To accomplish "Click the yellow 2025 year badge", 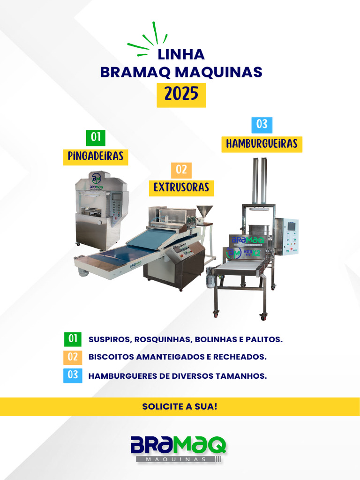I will [x=181, y=95].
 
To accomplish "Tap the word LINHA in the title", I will [x=181, y=54].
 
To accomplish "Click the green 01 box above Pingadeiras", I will [x=96, y=137].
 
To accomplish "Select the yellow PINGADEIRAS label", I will [x=96, y=157].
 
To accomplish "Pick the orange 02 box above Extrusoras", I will [x=181, y=170].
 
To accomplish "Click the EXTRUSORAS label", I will [x=181, y=187].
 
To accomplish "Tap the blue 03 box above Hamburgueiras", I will [x=262, y=125].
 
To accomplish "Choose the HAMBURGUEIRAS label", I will [x=262, y=143].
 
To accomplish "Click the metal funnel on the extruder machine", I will [x=204, y=210].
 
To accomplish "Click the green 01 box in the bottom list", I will [x=72, y=339].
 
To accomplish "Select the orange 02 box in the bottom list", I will [x=72, y=357].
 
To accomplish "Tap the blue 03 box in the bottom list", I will [x=72, y=375].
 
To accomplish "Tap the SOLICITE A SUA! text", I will [x=180, y=406].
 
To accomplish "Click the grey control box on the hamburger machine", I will [x=286, y=236].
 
